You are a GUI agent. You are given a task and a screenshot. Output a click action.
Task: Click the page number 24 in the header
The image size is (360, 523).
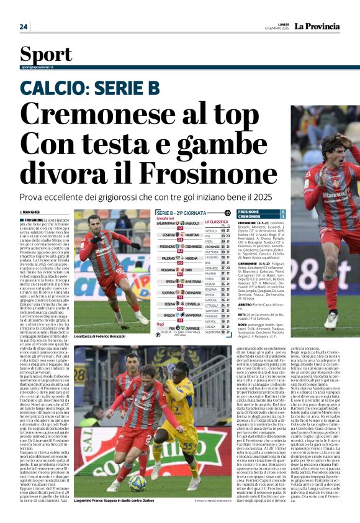(24, 27)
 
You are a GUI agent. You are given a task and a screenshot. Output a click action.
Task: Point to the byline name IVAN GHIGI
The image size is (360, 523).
(33, 212)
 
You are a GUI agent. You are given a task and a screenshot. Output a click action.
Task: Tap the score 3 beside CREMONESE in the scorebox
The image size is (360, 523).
(283, 217)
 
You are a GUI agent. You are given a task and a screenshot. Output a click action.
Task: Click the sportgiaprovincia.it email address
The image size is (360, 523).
(37, 66)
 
